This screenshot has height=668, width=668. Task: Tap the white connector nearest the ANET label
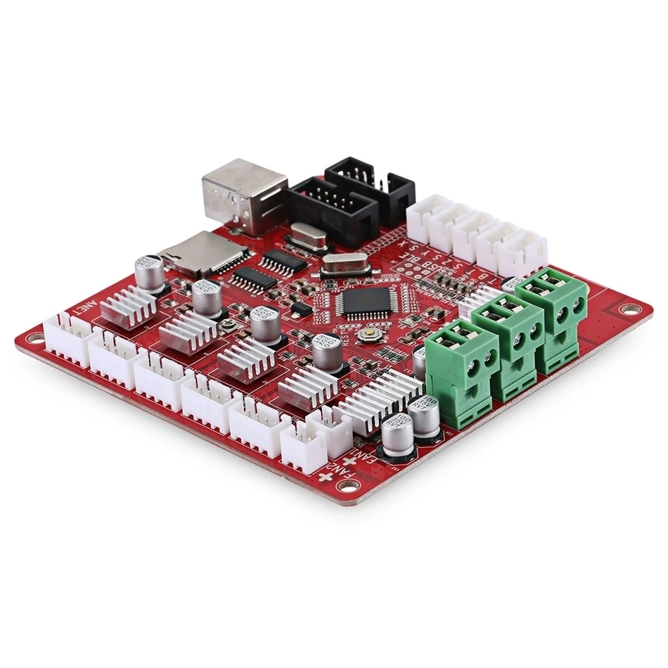70,338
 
